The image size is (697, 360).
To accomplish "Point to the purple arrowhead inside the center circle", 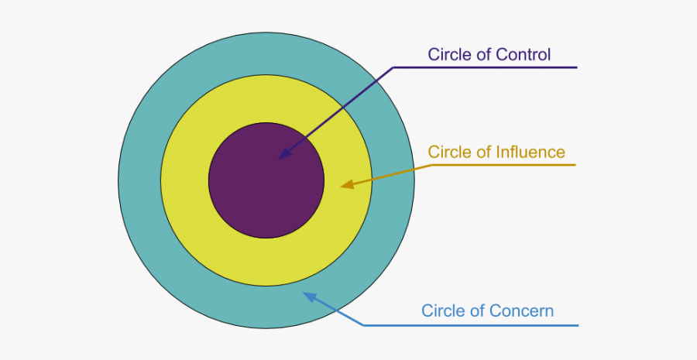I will coord(283,154).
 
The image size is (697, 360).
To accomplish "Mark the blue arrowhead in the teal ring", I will coord(308,296).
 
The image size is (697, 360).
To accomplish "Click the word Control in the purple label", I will coord(524,54).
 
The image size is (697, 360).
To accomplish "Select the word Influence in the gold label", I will coord(530,152).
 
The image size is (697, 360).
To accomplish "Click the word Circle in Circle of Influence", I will coord(449,152).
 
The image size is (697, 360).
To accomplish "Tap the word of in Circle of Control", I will coord(482,54).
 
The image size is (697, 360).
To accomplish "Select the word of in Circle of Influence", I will coord(482,152).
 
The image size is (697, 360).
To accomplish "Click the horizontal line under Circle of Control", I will coord(496,67).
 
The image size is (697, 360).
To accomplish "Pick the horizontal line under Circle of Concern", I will coord(480,325).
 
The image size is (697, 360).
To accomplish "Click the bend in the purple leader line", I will coord(394,67).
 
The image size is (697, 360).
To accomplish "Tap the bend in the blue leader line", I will coord(364,325).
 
